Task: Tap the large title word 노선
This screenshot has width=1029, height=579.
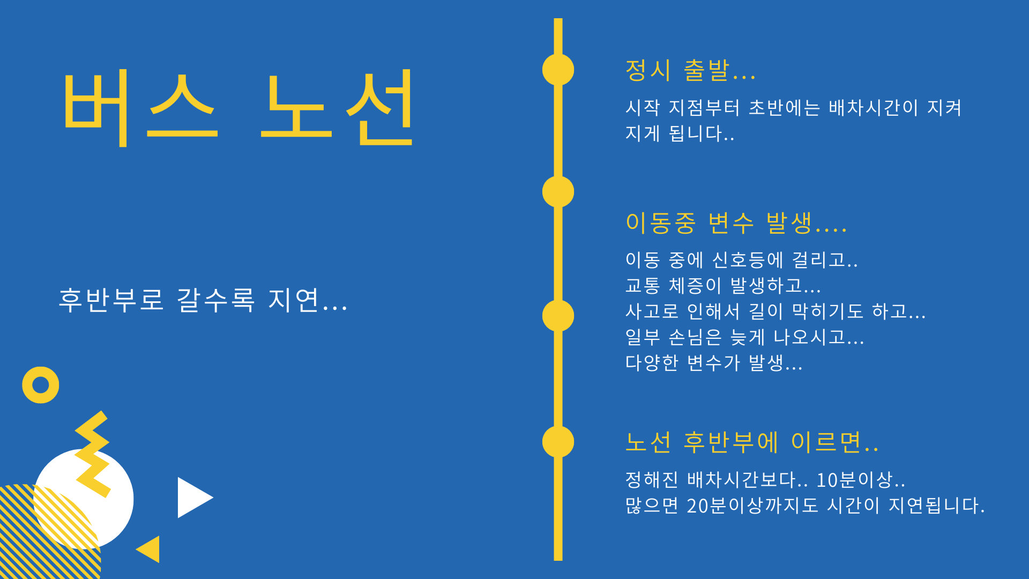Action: tap(337, 108)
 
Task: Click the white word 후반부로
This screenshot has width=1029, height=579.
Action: tap(111, 300)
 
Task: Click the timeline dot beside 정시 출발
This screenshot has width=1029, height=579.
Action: tap(558, 70)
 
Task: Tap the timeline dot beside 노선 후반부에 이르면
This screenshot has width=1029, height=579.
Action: tap(558, 442)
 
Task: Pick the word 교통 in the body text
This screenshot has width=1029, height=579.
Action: tap(642, 286)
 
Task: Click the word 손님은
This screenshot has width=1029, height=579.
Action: tap(695, 337)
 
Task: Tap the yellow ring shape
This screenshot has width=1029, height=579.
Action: tap(41, 385)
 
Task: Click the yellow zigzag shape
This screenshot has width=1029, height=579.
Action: tap(93, 454)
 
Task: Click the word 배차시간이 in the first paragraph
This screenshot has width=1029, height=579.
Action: tap(873, 108)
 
